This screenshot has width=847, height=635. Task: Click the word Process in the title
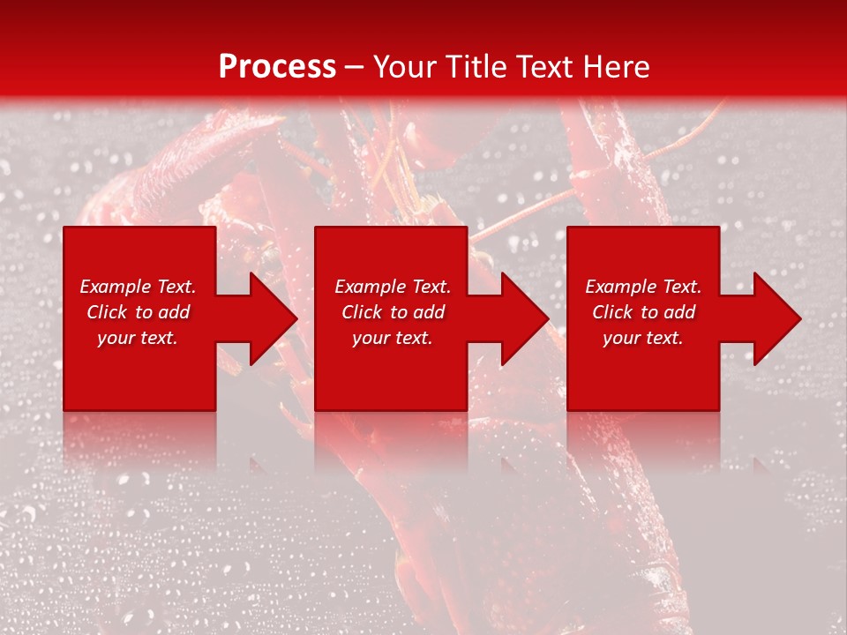coord(277,67)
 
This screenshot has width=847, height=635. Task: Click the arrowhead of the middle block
coord(522,318)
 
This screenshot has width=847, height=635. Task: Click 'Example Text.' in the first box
coord(138,287)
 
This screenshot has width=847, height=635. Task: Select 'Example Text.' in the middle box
coord(393,287)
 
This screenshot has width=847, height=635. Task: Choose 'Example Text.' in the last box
coord(643,287)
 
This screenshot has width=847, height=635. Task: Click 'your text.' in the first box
coord(138,338)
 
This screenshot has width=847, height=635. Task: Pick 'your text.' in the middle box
coord(393,338)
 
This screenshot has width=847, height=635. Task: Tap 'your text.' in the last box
coord(643,338)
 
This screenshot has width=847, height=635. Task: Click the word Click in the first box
coord(107,312)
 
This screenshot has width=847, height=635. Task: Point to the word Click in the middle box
coord(362,312)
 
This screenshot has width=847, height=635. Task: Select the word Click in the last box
coord(612,312)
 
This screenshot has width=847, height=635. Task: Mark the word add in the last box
coord(679,312)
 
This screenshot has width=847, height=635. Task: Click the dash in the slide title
coord(354,67)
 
